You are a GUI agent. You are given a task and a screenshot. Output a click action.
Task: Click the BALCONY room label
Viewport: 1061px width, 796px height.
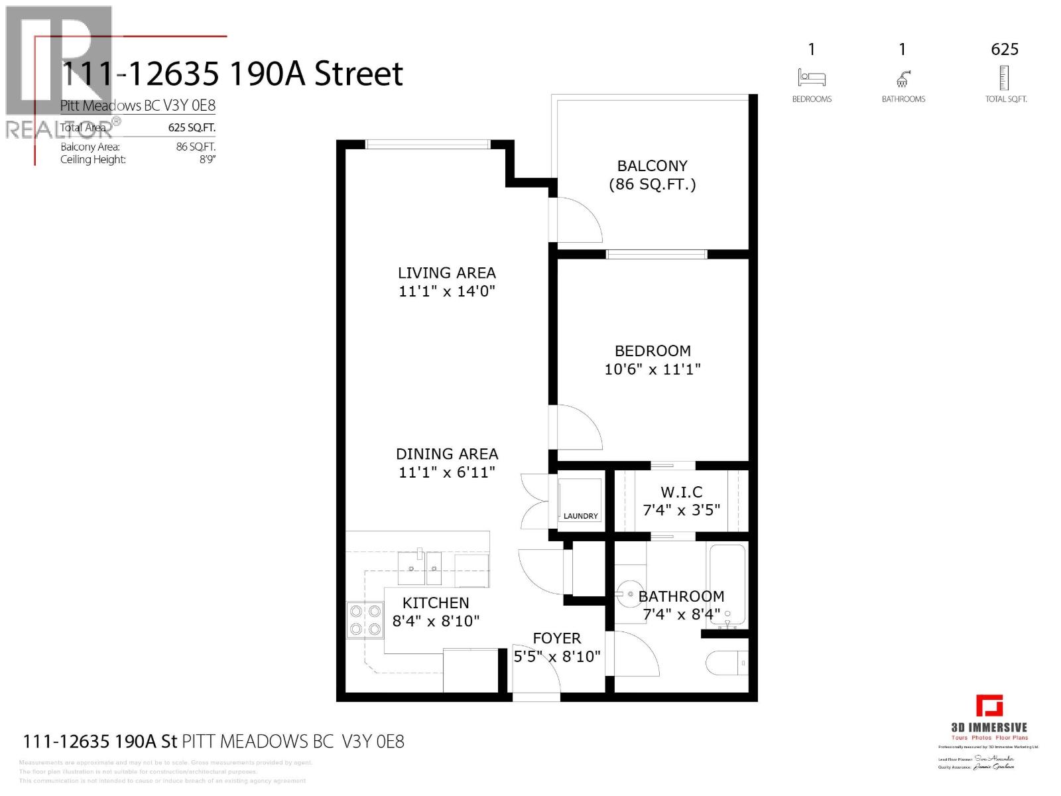(652, 166)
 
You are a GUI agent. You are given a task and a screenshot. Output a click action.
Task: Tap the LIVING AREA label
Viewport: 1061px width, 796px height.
(446, 273)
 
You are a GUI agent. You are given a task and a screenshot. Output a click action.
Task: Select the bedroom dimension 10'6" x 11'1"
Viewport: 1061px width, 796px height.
(652, 369)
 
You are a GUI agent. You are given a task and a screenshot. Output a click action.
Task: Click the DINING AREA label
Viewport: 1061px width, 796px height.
(446, 454)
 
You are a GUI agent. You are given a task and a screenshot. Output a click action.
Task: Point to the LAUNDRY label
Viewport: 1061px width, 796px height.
(580, 516)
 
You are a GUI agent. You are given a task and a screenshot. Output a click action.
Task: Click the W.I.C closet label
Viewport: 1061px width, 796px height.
(681, 492)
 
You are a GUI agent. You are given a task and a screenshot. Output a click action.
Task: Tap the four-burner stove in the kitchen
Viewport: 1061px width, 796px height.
(365, 620)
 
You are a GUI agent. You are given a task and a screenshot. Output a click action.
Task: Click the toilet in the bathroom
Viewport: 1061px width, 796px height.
(727, 662)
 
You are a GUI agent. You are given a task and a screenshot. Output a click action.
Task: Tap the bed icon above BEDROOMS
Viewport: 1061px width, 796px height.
(811, 78)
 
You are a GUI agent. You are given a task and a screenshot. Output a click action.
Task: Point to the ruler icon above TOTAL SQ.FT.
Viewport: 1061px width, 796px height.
(1005, 78)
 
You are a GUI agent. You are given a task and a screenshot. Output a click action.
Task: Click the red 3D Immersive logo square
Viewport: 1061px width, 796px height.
(989, 706)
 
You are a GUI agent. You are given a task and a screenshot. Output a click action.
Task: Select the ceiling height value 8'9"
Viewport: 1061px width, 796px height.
(208, 159)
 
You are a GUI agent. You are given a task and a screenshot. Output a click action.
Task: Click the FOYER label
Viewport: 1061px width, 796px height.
(556, 638)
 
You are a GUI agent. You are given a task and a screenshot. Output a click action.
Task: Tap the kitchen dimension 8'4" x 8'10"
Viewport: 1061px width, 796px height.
(436, 621)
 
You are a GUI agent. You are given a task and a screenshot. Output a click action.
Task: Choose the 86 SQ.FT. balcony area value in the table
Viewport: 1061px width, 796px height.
(196, 147)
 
